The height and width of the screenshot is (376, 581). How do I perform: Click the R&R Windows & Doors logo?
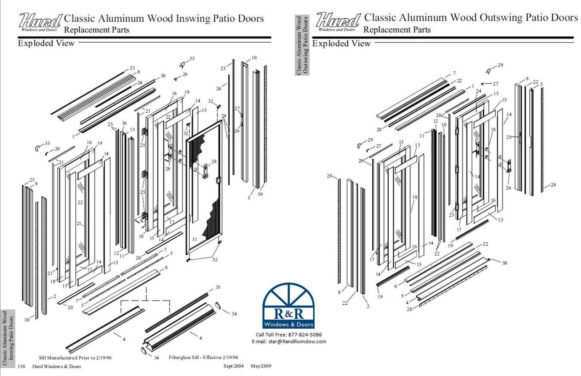click(x=289, y=306)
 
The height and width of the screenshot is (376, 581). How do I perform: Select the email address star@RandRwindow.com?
click(x=288, y=341)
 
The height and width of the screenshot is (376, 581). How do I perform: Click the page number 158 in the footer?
click(x=21, y=366)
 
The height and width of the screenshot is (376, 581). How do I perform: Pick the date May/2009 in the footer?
click(x=261, y=366)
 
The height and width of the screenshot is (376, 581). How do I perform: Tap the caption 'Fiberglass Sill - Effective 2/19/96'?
click(x=203, y=358)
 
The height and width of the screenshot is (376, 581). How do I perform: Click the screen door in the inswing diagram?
click(x=204, y=191)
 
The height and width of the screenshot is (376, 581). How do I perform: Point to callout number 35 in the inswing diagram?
click(x=217, y=288)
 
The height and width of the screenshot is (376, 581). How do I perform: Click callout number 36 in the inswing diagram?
click(x=124, y=124)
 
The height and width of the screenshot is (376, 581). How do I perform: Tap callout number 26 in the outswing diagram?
click(x=508, y=188)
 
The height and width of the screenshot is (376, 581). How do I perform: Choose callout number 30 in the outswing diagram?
click(x=504, y=263)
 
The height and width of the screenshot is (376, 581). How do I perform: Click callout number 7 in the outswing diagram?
click(x=453, y=73)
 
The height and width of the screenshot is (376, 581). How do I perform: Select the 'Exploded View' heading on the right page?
click(x=341, y=44)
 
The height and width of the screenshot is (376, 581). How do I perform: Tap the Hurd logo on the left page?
click(x=40, y=21)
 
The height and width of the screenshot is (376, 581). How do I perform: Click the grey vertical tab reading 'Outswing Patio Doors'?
click(x=302, y=45)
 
